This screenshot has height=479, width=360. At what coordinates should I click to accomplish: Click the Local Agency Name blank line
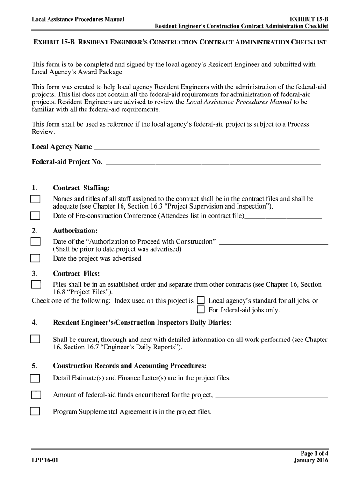pyautogui.click(x=206, y=148)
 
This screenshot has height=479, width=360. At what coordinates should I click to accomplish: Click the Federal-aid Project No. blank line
pyautogui.click(x=214, y=163)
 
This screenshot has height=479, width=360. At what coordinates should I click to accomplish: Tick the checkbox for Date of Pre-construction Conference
pyautogui.click(x=36, y=216)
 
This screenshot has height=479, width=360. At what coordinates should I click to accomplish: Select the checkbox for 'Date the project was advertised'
pyautogui.click(x=36, y=259)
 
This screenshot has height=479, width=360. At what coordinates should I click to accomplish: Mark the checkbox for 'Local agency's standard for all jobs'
pyautogui.click(x=201, y=300)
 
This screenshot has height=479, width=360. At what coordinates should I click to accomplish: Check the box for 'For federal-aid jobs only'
pyautogui.click(x=201, y=310)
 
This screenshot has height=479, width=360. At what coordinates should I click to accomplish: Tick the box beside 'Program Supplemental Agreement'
pyautogui.click(x=36, y=412)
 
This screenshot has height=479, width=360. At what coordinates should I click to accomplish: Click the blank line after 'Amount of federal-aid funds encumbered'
pyautogui.click(x=272, y=396)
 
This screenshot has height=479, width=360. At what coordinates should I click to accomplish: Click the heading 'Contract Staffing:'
pyautogui.click(x=81, y=188)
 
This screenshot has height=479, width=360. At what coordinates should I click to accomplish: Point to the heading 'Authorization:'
pyautogui.click(x=75, y=231)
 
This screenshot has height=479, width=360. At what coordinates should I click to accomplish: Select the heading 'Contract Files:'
pyautogui.click(x=76, y=273)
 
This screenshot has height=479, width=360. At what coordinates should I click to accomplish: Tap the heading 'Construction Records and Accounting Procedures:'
pyautogui.click(x=130, y=365)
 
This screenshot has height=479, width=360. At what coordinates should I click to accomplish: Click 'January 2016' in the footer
pyautogui.click(x=311, y=460)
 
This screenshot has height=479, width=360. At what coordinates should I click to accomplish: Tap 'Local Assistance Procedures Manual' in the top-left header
pyautogui.click(x=78, y=20)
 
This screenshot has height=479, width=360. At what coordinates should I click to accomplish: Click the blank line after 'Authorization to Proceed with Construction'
pyautogui.click(x=274, y=242)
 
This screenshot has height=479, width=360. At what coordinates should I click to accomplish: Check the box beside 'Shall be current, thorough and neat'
pyautogui.click(x=36, y=340)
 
